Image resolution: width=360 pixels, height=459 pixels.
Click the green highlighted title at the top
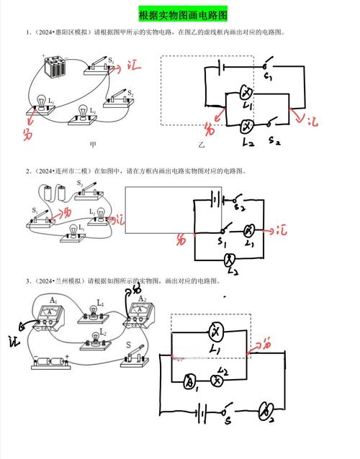(180, 14)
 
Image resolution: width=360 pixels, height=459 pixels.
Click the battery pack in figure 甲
(55, 70)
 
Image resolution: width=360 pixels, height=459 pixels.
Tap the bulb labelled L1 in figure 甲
(42, 106)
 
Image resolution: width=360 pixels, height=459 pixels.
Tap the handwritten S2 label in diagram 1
(275, 142)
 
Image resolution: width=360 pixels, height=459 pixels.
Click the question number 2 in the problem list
(28, 171)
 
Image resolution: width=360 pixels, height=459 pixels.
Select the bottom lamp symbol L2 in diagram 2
(230, 259)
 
